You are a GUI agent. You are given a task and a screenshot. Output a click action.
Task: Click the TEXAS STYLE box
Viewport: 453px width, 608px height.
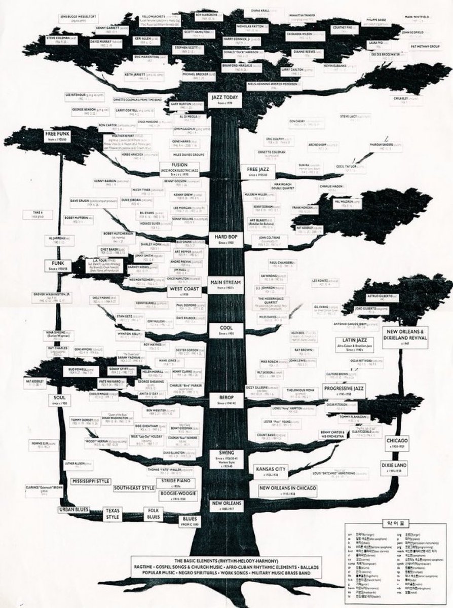(x=112, y=513)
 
